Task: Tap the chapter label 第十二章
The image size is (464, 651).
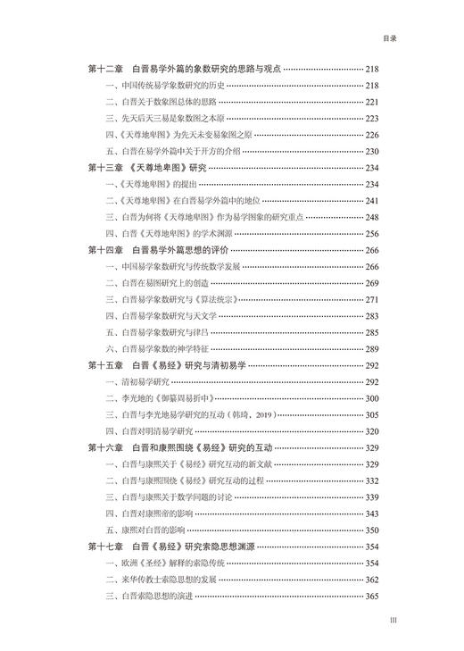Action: click(106, 70)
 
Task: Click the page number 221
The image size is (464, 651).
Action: click(372, 102)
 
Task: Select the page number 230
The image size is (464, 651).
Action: click(372, 151)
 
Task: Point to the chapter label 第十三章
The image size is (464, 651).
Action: click(106, 168)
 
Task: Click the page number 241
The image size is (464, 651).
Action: click(372, 200)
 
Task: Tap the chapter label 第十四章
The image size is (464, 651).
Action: click(106, 250)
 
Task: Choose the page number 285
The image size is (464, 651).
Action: click(372, 332)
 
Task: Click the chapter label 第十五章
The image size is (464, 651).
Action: click(106, 365)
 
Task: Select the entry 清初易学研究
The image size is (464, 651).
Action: click(144, 381)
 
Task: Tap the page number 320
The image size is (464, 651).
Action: click(372, 430)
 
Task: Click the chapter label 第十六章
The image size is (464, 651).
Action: click(106, 447)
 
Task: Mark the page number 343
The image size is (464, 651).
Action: click(372, 513)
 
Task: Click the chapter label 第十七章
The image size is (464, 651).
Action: click(106, 547)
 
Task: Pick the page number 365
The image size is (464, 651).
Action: click(372, 596)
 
